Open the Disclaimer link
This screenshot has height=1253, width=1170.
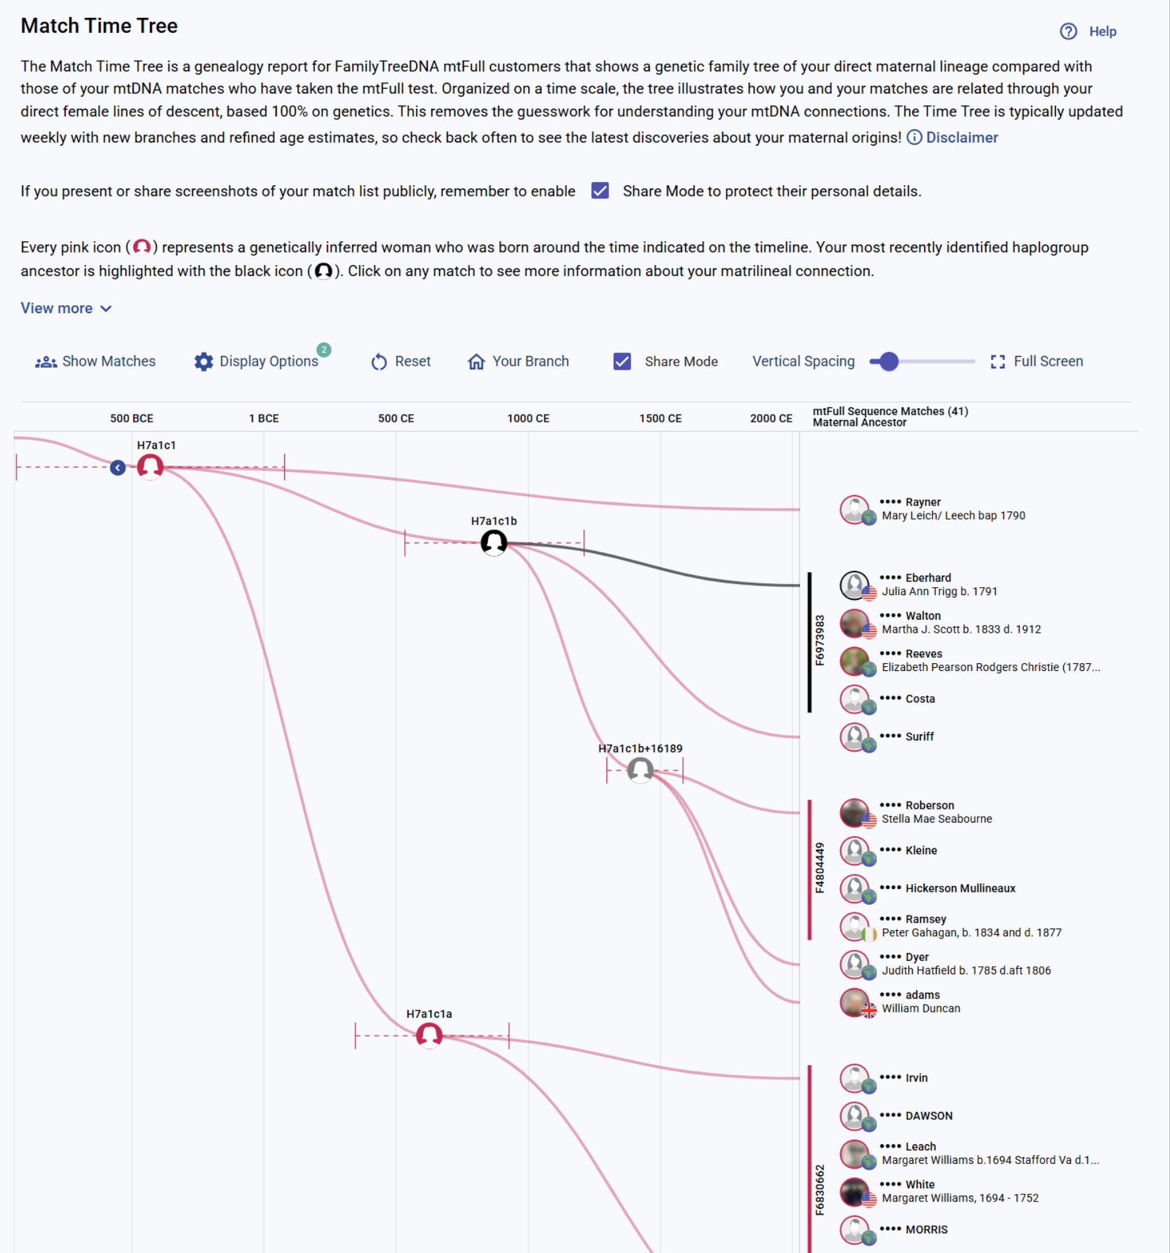tap(961, 137)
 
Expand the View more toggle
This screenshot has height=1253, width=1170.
tap(66, 308)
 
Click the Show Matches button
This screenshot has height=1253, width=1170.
tap(96, 361)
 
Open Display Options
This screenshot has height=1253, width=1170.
tap(258, 361)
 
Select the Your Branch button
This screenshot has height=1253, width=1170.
tap(518, 361)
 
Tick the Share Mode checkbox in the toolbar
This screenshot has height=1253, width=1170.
tap(622, 361)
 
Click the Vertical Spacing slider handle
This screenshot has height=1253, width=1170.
tap(889, 361)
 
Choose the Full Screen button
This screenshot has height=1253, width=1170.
tap(1037, 361)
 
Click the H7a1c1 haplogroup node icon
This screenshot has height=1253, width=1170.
tap(150, 467)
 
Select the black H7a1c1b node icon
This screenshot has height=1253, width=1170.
tap(494, 542)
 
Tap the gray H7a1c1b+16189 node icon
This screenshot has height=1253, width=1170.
tap(640, 770)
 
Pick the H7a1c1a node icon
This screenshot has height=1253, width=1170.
tap(429, 1035)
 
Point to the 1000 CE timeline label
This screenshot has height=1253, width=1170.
tap(528, 419)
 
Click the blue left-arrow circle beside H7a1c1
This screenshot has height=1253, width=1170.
tap(118, 468)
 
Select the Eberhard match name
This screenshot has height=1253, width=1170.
tap(927, 578)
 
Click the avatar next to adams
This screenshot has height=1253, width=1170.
tap(854, 1002)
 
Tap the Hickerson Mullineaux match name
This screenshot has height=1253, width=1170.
tap(960, 889)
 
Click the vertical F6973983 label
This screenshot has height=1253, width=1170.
tap(819, 641)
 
